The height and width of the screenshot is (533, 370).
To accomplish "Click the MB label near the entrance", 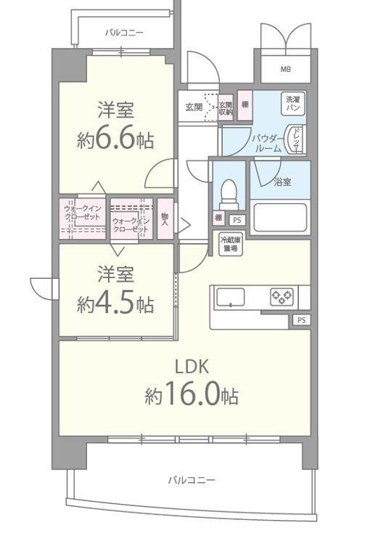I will pos(286,70).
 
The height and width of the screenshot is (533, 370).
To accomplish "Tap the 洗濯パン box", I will pos(292,104).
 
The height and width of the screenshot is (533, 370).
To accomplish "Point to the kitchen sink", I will pos(231,296).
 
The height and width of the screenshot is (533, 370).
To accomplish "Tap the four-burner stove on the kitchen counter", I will pos(281,296).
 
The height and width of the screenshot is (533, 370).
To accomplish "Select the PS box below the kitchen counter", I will pos(301,320).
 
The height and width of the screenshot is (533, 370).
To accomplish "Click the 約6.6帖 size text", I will pos(116,138).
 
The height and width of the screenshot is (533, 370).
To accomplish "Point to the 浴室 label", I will pos(282,182).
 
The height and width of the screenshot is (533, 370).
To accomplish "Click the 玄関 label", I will pos(193,107).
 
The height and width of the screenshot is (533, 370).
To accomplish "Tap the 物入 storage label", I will pos(165,218).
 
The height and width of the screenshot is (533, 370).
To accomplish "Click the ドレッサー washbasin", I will pos(296,139).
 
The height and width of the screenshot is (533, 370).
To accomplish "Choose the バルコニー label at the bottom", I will pos(191,480).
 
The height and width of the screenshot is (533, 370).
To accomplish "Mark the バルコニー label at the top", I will pos(123,33).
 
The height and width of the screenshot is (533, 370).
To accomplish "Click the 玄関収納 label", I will pos(225,108).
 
